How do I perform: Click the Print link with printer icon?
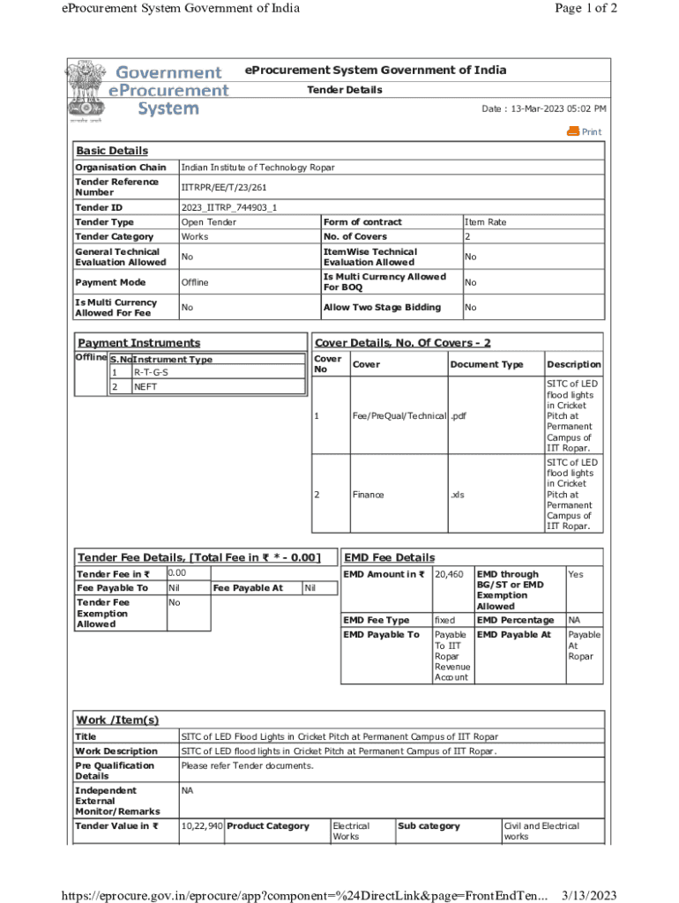tap(585, 131)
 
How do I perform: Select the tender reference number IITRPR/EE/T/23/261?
tap(224, 187)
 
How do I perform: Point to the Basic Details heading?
tap(112, 151)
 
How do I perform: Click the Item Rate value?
tap(486, 222)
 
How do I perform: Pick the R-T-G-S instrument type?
tap(151, 372)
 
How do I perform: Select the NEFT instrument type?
tap(145, 387)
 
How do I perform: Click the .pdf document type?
tap(459, 415)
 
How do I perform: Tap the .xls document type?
tap(457, 495)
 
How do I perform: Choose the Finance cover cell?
tap(368, 495)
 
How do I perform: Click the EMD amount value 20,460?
tap(449, 575)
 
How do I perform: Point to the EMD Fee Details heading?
tap(389, 557)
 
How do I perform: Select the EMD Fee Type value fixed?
tap(444, 620)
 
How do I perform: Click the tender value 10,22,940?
tap(201, 826)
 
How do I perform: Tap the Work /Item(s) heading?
tap(117, 720)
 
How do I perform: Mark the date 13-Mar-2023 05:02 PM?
tap(543, 108)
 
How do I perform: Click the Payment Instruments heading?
tap(138, 343)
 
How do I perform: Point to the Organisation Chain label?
tap(120, 168)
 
